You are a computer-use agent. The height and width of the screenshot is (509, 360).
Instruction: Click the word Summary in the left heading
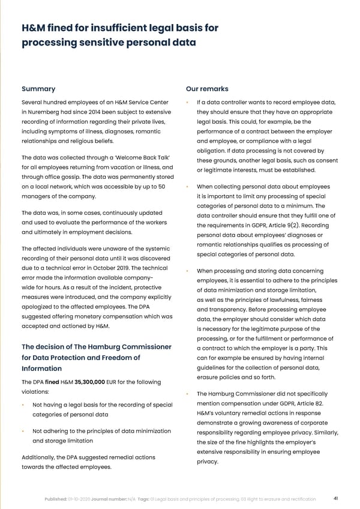[38, 89]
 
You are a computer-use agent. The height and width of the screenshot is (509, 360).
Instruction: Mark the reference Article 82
[311, 403]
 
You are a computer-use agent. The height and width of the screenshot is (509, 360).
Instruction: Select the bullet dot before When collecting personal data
[189, 187]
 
